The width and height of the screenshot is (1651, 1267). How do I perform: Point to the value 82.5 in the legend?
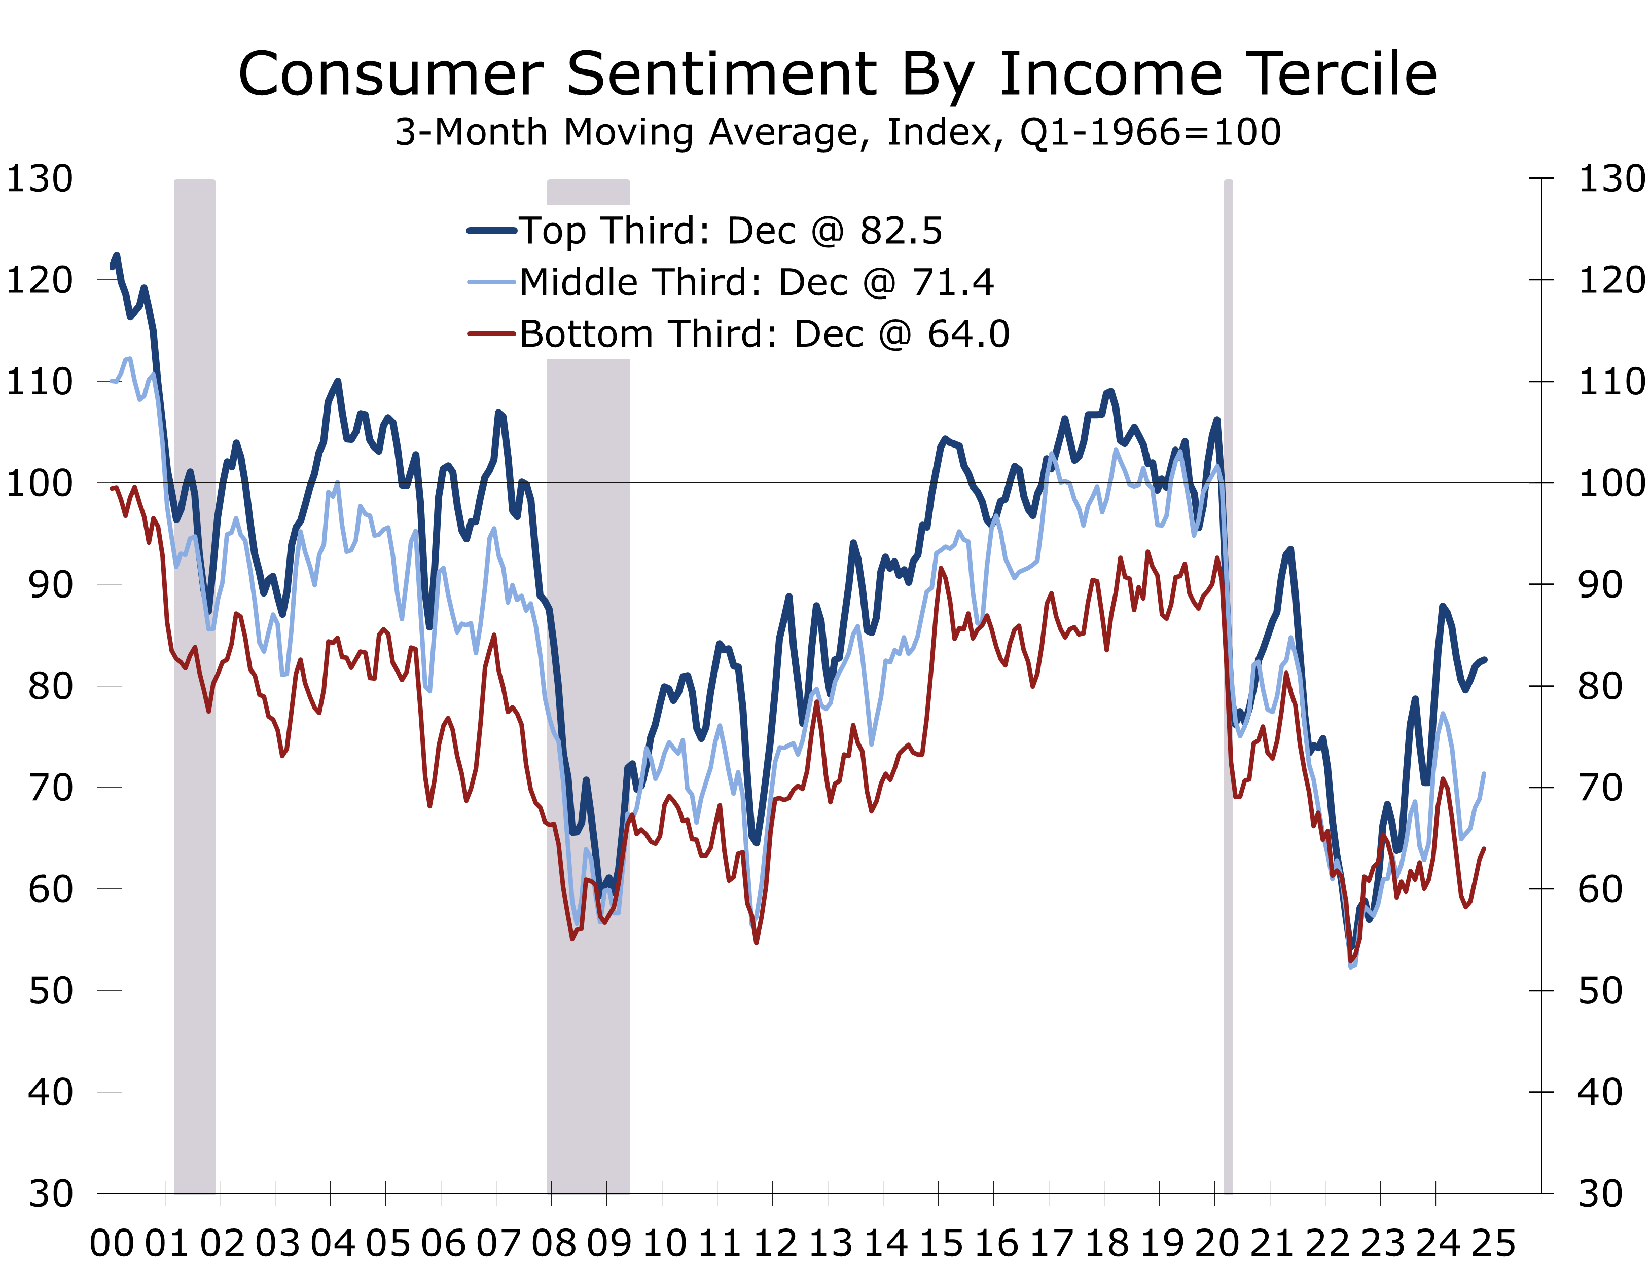tap(901, 231)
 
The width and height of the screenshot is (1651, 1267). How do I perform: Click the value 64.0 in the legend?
tap(968, 334)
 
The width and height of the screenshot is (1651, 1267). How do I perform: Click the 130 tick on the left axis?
tap(39, 179)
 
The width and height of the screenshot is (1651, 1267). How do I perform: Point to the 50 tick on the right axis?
tap(1600, 991)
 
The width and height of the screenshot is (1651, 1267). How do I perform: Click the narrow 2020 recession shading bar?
tap(1228, 679)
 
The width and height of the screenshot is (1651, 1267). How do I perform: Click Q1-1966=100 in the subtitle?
tap(1150, 133)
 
